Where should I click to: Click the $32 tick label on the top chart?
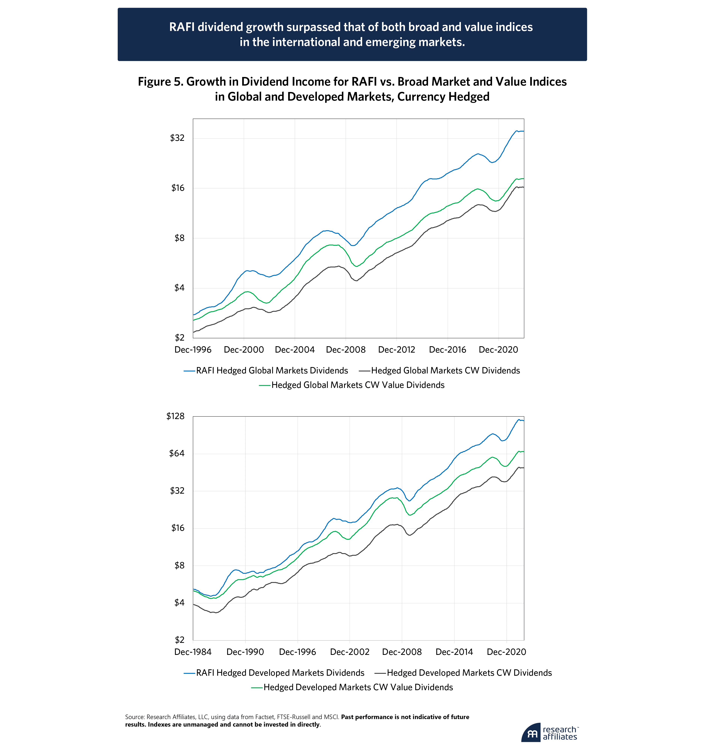(177, 138)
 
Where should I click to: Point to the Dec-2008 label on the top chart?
(346, 350)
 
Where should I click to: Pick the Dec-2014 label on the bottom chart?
(454, 652)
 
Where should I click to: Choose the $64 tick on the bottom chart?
(177, 453)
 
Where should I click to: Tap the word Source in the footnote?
(134, 717)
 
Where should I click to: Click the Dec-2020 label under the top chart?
(498, 350)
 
